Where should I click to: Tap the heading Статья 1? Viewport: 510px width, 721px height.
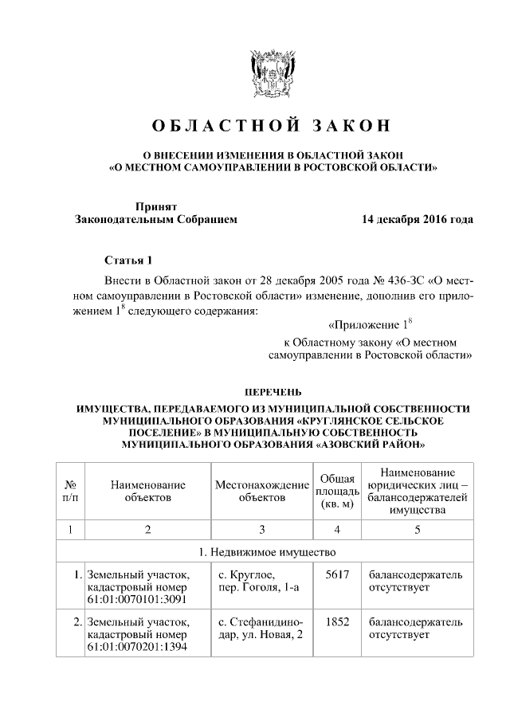click(127, 261)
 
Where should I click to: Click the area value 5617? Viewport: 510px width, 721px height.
click(337, 574)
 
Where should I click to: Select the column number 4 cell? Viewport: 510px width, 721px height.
click(337, 528)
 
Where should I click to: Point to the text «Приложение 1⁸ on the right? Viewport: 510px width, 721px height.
click(372, 325)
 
